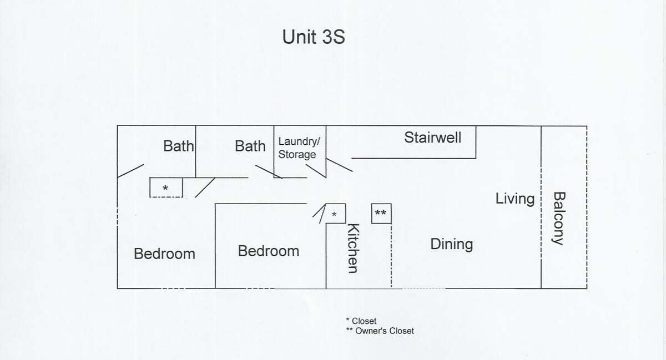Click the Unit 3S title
point(314,37)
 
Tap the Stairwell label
point(432,138)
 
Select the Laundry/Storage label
point(299,148)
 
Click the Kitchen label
point(354,248)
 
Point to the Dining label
point(452,245)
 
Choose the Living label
point(515,199)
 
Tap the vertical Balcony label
point(559,219)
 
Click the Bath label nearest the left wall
point(178,146)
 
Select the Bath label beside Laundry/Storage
point(250,146)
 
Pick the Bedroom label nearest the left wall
point(164,254)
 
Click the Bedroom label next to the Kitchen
point(269,251)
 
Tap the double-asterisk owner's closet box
point(381,214)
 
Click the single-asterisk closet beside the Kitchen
point(336,214)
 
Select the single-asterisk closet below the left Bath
point(166,187)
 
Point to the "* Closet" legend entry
point(361,321)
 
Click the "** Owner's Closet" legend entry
point(380,331)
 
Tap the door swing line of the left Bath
point(130,171)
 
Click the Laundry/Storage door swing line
point(316,171)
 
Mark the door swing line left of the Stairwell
point(339,165)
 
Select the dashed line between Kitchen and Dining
point(391,256)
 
